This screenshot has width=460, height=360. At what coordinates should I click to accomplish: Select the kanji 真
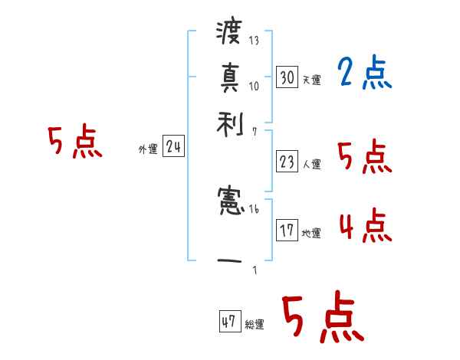tap(229, 77)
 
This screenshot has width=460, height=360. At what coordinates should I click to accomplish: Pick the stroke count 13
tap(254, 41)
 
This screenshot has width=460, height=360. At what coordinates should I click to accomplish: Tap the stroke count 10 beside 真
tap(254, 85)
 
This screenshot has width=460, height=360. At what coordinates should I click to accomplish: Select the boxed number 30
tap(287, 77)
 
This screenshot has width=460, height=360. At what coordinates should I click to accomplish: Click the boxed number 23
tap(287, 162)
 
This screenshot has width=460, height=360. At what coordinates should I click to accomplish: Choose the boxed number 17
tap(287, 230)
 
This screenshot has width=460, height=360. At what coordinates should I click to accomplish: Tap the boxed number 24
tap(173, 147)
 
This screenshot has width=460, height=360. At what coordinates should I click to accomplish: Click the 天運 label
tap(311, 80)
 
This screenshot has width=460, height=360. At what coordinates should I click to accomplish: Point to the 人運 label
tap(311, 164)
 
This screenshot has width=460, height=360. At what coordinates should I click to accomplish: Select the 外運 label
tap(147, 149)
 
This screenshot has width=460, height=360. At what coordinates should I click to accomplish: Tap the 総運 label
tap(255, 325)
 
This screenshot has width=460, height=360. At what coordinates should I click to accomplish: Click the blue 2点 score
tap(364, 74)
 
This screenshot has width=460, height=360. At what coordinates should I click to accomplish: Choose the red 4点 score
tap(364, 226)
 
